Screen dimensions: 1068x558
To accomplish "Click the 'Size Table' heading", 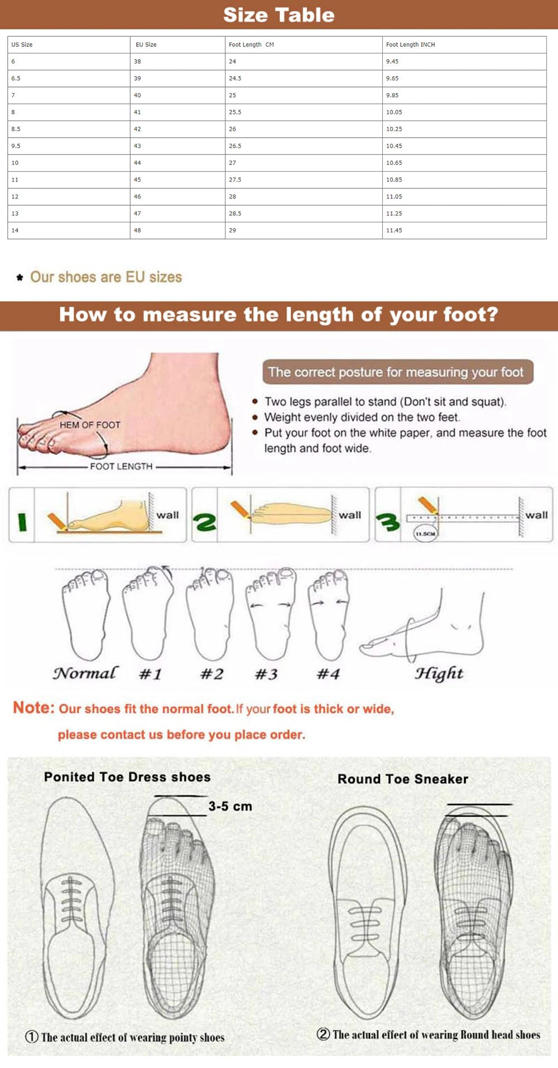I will pos(278,15).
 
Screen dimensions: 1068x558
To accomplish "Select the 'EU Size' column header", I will pos(146,45).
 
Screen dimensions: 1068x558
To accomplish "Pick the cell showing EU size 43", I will pos(137,146).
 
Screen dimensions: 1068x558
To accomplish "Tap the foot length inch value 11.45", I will pos(394,230).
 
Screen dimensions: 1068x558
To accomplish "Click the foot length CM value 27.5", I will pos(235,179).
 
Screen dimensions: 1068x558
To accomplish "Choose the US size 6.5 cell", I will pos(16,79).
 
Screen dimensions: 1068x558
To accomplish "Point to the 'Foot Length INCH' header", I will pos(410,45).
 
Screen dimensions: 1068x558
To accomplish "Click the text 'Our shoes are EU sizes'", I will pos(106,277).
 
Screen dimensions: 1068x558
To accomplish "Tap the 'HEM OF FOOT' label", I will pos(90,425).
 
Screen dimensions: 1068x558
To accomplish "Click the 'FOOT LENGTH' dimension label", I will pos(121,467).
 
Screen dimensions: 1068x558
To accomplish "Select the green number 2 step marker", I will pos(205,522).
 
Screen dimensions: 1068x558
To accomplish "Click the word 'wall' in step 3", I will pos(536,515).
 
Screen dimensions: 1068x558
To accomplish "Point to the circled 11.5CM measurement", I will pos(425,533).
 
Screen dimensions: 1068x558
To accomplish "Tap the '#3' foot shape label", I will pos(266,674).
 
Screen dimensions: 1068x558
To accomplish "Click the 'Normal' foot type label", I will pos(85,673).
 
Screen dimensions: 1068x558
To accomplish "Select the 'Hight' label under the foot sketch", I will pos(439,673).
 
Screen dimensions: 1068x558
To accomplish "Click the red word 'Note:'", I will pos(33,708).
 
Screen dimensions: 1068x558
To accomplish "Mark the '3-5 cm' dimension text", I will pos(230,807).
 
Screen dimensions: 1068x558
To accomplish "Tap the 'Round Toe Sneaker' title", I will pos(402,779).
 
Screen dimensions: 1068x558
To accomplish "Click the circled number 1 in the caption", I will pos(32,1037).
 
